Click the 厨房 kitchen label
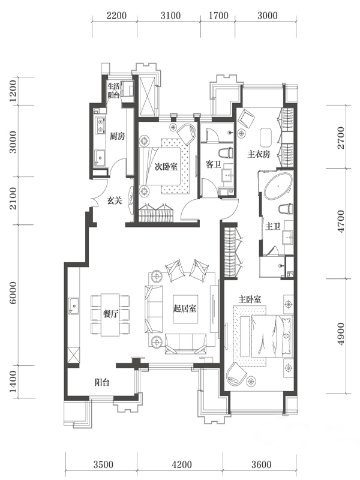coord(117,137)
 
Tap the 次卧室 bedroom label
coord(166,167)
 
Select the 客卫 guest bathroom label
coord(214,164)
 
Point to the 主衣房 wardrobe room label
coord(259,154)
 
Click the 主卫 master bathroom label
coord(273,227)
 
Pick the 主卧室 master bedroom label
coord(250,299)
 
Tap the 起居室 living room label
coord(185,308)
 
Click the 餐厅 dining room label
coord(110,314)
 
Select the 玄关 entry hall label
coord(115,201)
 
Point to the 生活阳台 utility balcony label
coord(113,91)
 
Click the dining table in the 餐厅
coord(110,314)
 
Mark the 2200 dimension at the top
coord(116,16)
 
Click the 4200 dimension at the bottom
coord(182,464)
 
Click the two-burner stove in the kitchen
coord(100,126)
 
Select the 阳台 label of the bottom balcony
coord(102,382)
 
